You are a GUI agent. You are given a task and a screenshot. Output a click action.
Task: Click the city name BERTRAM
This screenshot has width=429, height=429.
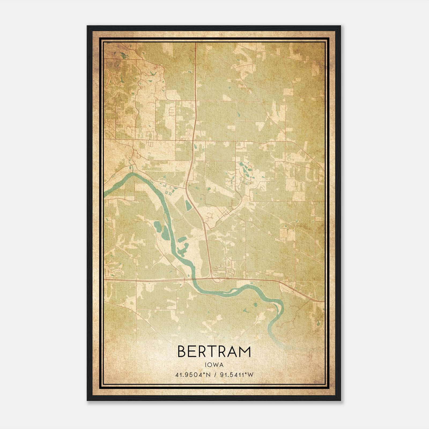pyautogui.click(x=214, y=352)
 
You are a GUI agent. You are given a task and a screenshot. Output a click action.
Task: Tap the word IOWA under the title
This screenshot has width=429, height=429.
pyautogui.click(x=214, y=365)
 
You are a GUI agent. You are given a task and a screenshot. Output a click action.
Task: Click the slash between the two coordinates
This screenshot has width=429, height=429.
pyautogui.click(x=214, y=375)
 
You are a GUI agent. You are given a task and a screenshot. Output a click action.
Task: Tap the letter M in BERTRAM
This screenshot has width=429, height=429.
pyautogui.click(x=245, y=352)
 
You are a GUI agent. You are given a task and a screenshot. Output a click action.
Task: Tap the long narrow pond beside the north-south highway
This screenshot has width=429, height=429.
pyautogui.click(x=188, y=205)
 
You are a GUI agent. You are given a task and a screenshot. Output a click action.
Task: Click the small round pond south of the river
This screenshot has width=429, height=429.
pyautogui.click(x=255, y=304)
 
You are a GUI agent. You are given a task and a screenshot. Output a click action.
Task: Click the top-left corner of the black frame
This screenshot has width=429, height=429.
pyautogui.click(x=88, y=26)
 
